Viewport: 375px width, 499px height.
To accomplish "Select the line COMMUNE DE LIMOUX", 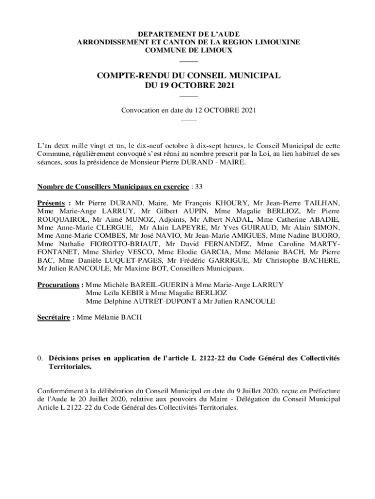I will (x=189, y=50).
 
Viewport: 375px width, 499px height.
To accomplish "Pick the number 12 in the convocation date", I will (x=199, y=110).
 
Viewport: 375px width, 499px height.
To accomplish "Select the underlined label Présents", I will (x=51, y=203).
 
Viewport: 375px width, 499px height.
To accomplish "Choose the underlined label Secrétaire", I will (x=54, y=317).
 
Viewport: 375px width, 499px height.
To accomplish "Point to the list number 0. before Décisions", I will (x=41, y=358).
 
